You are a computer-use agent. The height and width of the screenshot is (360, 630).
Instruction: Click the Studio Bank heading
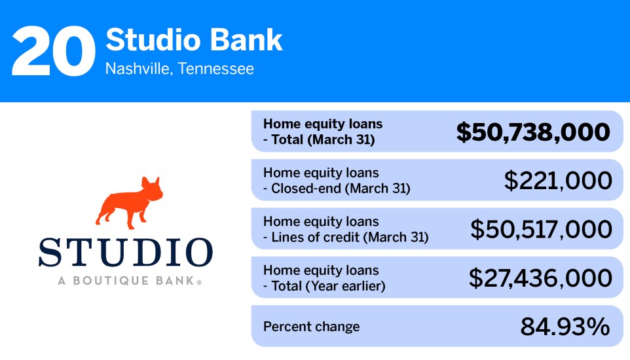pos(194,41)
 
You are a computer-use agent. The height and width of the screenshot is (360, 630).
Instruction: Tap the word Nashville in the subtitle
pos(135,69)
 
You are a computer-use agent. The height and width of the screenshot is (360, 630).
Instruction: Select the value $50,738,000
pos(533,132)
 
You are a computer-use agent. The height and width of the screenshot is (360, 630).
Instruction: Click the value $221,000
pos(558,181)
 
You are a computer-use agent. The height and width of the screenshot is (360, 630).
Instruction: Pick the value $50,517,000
pos(541,229)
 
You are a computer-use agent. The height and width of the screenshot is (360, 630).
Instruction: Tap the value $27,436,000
pos(540,278)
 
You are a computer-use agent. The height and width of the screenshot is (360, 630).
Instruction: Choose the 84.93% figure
pos(565,327)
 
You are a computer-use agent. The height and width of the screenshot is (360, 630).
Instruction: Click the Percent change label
pos(311,327)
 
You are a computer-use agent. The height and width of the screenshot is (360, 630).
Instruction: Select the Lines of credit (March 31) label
pos(350,237)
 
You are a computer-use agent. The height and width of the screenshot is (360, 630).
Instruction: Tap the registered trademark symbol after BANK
pos(199,283)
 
